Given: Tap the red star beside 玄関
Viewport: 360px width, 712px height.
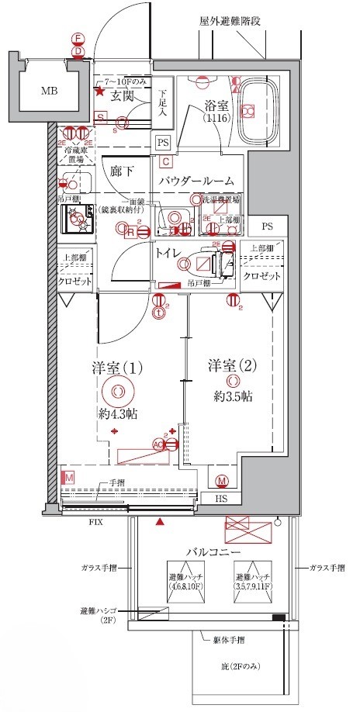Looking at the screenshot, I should click(99, 92).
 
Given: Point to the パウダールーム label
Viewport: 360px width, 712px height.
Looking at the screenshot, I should click(197, 180).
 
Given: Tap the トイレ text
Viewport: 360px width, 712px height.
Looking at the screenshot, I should click(168, 252).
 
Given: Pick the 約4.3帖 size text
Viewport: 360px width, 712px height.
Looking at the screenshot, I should click(117, 413).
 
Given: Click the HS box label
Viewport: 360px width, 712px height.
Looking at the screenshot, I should click(221, 499).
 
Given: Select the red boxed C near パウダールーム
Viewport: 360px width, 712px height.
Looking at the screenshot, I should click(166, 161).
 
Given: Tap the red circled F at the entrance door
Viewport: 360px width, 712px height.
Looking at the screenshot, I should click(78, 38).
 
